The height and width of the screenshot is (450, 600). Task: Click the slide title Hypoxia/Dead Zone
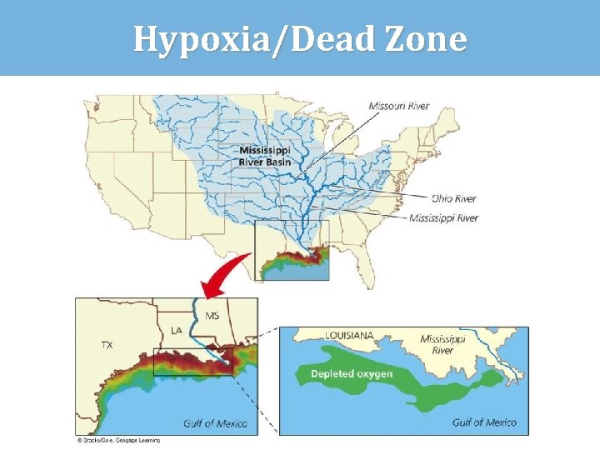click(300, 38)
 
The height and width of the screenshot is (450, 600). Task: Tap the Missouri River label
click(399, 106)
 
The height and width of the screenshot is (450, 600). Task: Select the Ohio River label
click(453, 198)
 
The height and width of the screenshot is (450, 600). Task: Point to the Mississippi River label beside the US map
click(443, 218)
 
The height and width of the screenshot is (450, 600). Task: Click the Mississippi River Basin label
click(265, 156)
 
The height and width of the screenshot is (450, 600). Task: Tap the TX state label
click(107, 344)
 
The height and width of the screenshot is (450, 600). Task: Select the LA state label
click(177, 331)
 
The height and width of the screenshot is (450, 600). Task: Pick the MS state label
click(212, 316)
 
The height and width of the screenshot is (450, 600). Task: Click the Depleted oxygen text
click(351, 374)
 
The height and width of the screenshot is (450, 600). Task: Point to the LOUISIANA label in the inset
click(349, 335)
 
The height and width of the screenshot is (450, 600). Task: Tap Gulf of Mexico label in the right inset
click(484, 422)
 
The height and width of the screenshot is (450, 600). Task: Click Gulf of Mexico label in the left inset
click(215, 423)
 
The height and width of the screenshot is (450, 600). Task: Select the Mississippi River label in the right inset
click(442, 345)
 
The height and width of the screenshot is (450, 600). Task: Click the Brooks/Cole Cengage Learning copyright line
click(119, 440)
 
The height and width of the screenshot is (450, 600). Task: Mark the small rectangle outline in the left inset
click(204, 362)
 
